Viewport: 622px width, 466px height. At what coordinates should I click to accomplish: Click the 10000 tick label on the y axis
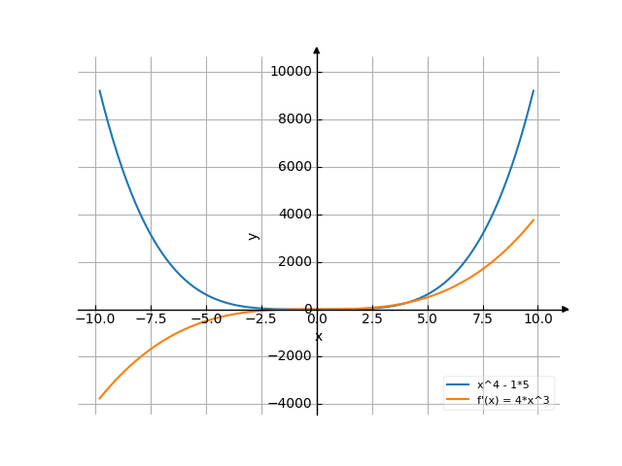tap(291, 72)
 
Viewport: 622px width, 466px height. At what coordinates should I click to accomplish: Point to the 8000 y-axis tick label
tap(294, 119)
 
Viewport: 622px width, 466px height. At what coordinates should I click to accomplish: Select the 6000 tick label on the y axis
tap(294, 167)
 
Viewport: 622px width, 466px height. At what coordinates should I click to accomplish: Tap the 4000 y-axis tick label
tap(294, 215)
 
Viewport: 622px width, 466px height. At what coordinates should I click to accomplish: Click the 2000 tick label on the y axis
tap(294, 262)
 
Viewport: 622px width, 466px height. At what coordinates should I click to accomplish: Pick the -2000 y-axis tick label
tap(291, 356)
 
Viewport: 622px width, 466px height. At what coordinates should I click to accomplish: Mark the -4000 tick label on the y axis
tap(291, 404)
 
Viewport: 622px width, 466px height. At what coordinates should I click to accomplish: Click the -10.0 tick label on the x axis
tap(95, 318)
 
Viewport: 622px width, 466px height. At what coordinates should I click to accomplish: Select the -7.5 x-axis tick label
tap(151, 318)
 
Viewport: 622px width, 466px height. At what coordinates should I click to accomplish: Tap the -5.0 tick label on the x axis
tap(206, 318)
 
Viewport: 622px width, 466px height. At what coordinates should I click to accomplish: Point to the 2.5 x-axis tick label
tap(372, 318)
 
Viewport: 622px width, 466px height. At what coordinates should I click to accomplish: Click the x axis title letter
tap(318, 337)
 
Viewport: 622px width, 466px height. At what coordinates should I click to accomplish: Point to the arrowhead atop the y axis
tap(317, 50)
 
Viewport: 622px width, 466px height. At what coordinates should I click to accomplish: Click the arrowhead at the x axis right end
tap(566, 310)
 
